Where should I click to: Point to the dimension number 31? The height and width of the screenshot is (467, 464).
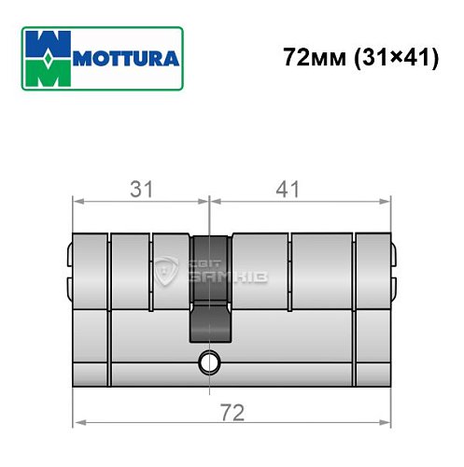click(x=141, y=190)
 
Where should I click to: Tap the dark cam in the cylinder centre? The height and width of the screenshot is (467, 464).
click(x=210, y=271)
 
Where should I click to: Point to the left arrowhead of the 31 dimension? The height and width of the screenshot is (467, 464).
click(x=77, y=200)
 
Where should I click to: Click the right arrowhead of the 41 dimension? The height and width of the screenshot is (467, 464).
click(x=384, y=200)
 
